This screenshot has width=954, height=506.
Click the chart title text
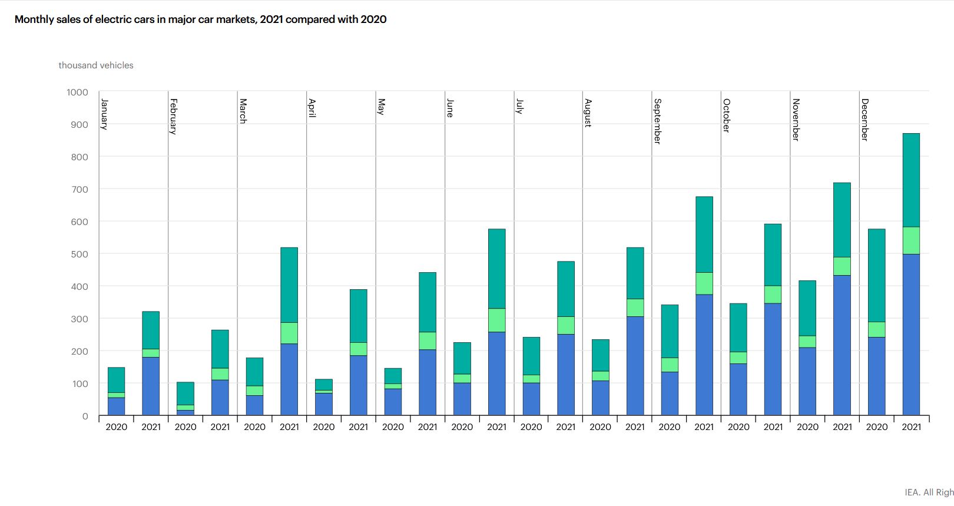click(x=201, y=19)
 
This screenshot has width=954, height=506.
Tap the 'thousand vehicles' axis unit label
click(x=96, y=65)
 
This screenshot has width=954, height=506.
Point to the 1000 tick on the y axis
click(x=77, y=92)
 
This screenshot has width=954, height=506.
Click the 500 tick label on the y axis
click(x=79, y=254)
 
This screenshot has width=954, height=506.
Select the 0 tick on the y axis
click(x=85, y=416)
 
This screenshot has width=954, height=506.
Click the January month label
click(x=104, y=114)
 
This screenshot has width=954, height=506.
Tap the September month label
click(x=657, y=121)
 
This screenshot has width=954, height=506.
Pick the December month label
click(x=864, y=120)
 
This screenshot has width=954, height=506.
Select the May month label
click(x=381, y=107)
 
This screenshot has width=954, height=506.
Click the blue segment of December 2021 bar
click(x=911, y=335)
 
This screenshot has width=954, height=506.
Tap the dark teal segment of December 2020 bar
click(x=876, y=276)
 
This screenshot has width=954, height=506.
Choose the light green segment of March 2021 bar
click(x=289, y=333)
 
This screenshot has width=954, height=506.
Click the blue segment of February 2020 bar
click(x=185, y=413)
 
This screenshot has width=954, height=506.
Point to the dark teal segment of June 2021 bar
click(x=496, y=269)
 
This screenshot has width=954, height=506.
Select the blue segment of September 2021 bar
click(x=704, y=355)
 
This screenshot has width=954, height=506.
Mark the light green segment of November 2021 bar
click(x=842, y=266)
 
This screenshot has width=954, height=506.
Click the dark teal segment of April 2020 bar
click(x=324, y=385)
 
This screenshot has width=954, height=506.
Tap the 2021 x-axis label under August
click(x=635, y=427)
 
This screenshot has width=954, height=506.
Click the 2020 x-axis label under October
click(x=738, y=427)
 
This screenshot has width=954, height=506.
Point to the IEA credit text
click(x=929, y=492)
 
